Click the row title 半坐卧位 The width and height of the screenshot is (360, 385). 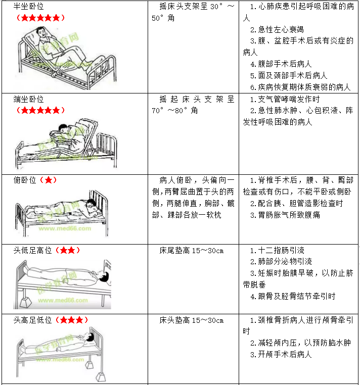pos(28,6)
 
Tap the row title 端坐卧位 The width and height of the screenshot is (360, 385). pos(28,99)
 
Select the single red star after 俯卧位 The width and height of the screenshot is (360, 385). pos(49,180)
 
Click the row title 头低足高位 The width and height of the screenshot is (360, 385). pos(32,250)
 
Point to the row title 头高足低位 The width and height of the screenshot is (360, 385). pos(32,320)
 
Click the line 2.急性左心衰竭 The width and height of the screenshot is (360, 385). pos(277,29)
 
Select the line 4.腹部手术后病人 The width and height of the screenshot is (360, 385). pos(281,64)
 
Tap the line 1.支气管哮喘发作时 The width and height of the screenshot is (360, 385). pos(285,99)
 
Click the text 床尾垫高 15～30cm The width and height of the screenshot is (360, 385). pos(192,251)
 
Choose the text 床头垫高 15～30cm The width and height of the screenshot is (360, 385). pos(192,320)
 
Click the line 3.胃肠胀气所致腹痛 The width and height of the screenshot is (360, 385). pos(285,215)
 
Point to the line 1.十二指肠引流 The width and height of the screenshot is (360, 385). pos(277,250)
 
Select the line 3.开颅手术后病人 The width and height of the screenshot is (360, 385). pos(281,354)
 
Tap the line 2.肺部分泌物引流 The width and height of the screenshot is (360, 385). pos(281,262)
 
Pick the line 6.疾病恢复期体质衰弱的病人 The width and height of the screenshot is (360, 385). pos(300,87)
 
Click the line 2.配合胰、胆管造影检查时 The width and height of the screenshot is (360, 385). pos(296,203)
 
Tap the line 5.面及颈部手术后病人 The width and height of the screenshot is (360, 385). pos(289,75)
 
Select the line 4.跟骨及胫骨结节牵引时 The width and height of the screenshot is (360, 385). pos(293,296)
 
